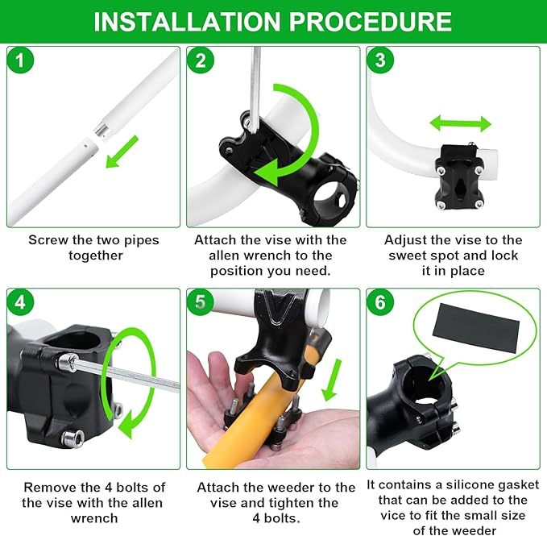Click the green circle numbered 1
[x=20, y=60]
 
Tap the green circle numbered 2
[x=201, y=60]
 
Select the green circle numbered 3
[x=380, y=60]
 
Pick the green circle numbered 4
[x=20, y=301]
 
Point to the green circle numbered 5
[x=201, y=301]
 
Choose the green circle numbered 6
[x=380, y=301]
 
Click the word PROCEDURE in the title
[x=371, y=22]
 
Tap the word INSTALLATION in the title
[x=187, y=22]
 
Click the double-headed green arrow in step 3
[x=461, y=124]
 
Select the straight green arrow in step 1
[x=122, y=152]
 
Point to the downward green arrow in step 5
[x=331, y=380]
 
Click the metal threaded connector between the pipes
[x=102, y=129]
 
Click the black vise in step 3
[x=458, y=177]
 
